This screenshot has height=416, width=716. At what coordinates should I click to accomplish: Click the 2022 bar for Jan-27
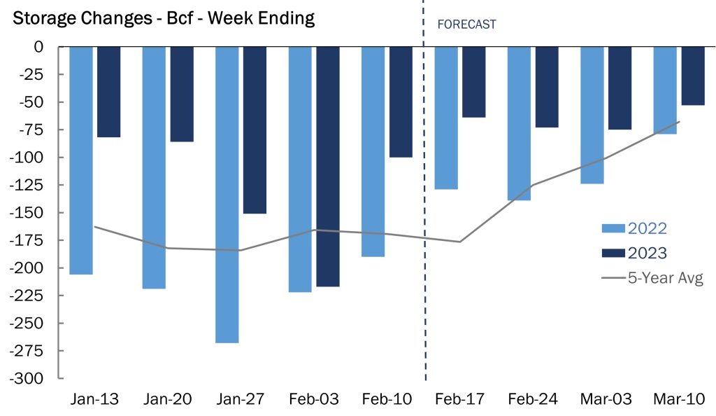(x=227, y=194)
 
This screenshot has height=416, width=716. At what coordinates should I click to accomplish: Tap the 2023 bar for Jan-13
(x=108, y=92)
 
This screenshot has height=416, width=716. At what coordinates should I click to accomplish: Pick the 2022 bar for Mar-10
(x=665, y=90)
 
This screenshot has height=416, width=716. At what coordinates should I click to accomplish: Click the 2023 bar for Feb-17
(x=473, y=82)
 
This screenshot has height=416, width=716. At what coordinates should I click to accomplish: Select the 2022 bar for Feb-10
(x=373, y=151)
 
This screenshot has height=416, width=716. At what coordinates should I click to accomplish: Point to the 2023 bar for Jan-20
(x=182, y=94)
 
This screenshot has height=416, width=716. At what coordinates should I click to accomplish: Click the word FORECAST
(x=466, y=25)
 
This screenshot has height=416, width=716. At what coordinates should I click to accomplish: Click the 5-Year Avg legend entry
(x=652, y=278)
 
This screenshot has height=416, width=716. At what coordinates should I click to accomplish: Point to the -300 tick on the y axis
(x=28, y=379)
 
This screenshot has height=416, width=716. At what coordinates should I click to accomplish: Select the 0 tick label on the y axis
(x=38, y=47)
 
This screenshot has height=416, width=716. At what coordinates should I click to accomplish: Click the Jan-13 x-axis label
(x=95, y=399)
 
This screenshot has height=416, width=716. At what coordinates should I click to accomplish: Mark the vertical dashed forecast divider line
(x=424, y=210)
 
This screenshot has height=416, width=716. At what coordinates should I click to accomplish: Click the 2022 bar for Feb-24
(x=519, y=123)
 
